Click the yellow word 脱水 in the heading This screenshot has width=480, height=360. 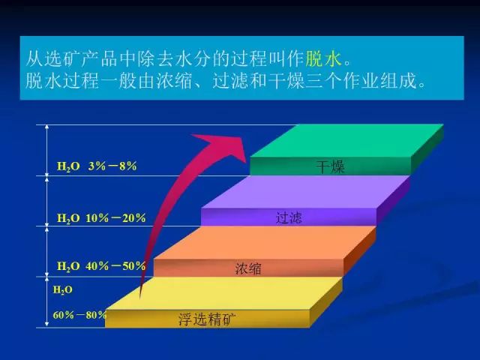tap(323, 58)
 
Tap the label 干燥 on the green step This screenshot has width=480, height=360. tap(330, 166)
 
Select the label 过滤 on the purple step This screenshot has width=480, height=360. tap(289, 217)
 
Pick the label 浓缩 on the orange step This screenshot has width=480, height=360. tap(248, 268)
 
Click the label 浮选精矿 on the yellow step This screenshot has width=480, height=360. tap(207, 319)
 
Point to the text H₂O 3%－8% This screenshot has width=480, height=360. tap(97, 166)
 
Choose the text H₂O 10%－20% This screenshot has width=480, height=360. tap(101, 218)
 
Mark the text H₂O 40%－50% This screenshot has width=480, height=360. tap(101, 266)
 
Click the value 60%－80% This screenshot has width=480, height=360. tap(79, 315)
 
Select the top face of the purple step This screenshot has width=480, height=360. tap(305, 192)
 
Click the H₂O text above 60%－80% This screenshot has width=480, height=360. tap(63, 289)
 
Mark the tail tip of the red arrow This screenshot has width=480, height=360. tap(140, 298)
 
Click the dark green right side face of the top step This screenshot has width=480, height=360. tap(427, 149)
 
